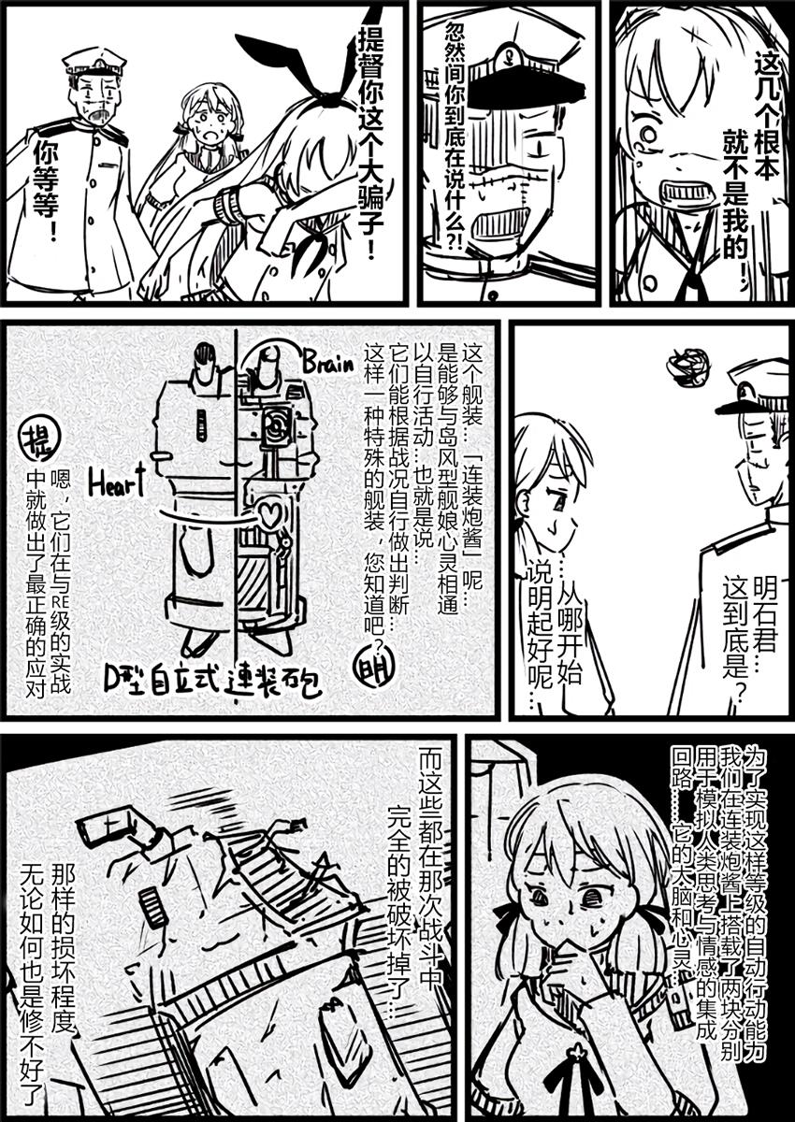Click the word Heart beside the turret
tap(117, 481)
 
